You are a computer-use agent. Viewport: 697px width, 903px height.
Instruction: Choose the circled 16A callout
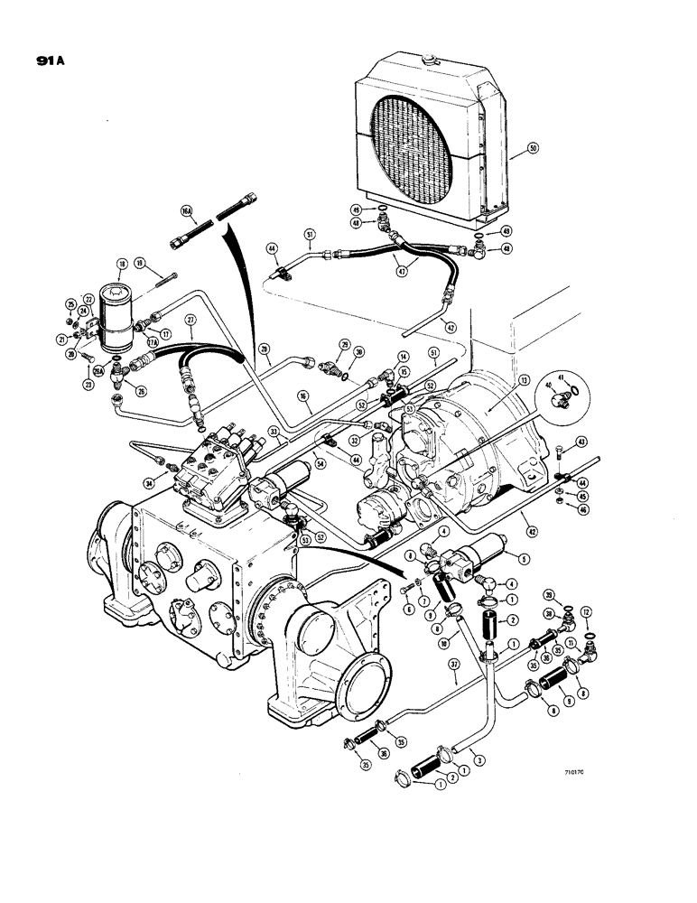coord(186,210)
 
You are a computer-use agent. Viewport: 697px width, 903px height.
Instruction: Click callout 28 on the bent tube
coord(264,348)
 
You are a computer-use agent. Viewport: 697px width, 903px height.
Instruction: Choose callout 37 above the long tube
coord(454,666)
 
